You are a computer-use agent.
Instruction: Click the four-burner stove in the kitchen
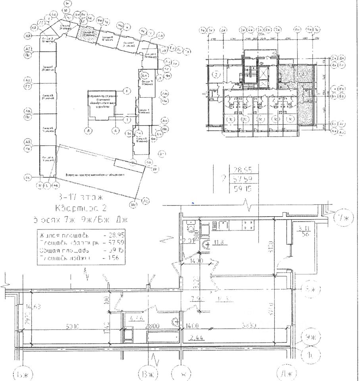(x=248, y=225)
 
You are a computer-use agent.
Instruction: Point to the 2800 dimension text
(x=152, y=326)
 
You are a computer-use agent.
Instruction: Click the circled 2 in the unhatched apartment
(x=216, y=74)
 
